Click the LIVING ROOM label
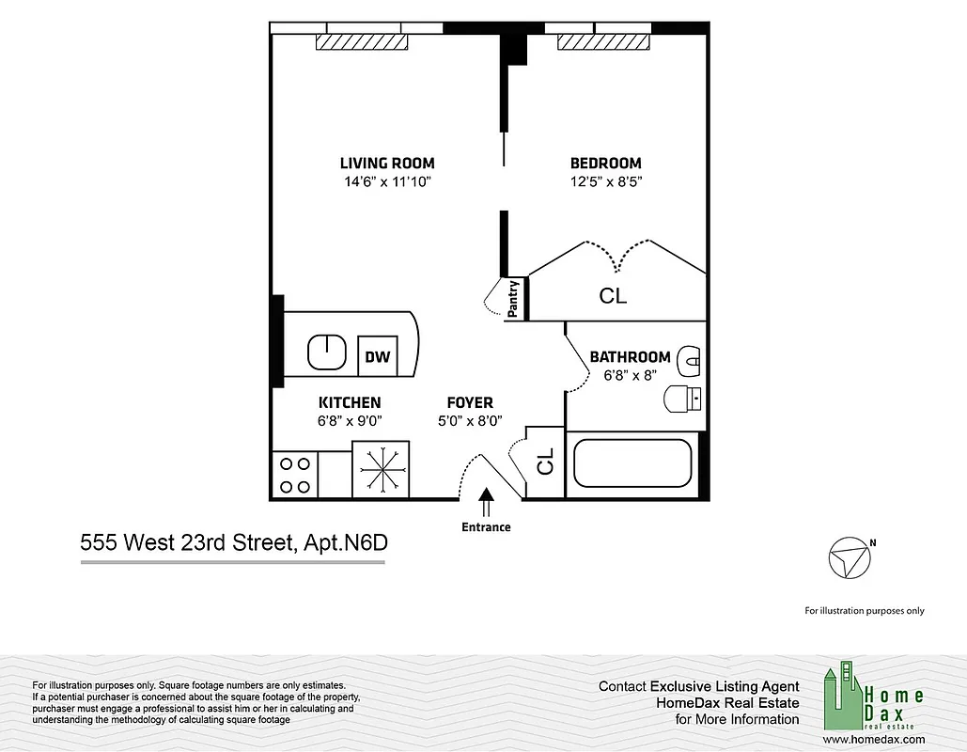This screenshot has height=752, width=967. pos(387,163)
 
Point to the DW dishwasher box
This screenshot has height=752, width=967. pos(377,356)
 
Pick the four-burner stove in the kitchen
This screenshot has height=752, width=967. pos(294,475)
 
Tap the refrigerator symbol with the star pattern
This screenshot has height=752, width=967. pos(381,469)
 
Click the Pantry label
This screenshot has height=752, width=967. pos(514,300)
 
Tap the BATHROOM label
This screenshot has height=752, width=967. pos(630,357)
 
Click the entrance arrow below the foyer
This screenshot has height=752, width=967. pos(486,503)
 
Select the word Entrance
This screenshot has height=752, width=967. pos(486,527)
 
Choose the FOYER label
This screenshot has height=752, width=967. pos(470,402)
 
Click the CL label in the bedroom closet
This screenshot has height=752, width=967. pos(613,296)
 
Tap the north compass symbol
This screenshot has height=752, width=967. pos(850,558)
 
